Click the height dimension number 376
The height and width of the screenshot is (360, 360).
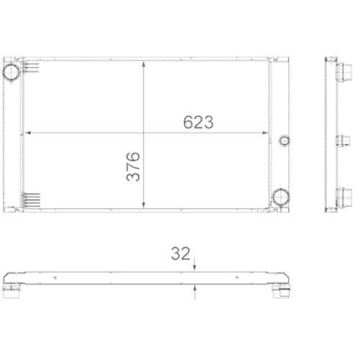(x=133, y=166)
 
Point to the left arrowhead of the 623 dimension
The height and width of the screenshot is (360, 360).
(x=28, y=133)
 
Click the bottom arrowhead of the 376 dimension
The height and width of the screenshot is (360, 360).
(x=146, y=202)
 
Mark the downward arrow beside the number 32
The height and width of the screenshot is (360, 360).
(x=195, y=266)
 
